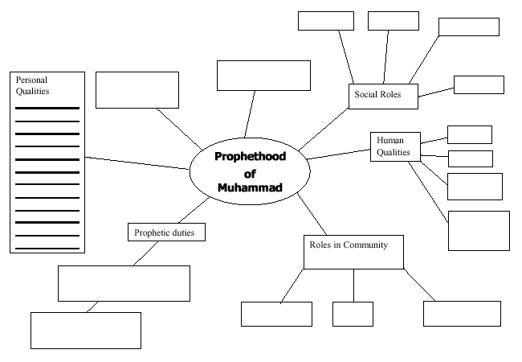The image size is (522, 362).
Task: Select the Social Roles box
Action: point(383,96)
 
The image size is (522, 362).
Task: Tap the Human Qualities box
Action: point(393,146)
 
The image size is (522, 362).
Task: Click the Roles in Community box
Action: point(353,252)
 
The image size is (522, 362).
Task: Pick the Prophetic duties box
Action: point(166,232)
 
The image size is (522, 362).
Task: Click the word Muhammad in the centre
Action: point(250,187)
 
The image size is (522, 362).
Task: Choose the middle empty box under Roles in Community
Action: point(353,314)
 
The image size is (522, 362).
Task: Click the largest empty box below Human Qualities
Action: point(479,231)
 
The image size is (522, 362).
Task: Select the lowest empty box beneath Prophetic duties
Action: point(85,330)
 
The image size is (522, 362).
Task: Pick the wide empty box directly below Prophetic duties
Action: point(124,283)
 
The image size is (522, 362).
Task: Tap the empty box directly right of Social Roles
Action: point(479,84)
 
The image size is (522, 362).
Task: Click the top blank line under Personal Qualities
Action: point(47,108)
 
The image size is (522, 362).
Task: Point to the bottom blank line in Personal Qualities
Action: point(47,248)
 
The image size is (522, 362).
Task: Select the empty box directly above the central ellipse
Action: point(263,76)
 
